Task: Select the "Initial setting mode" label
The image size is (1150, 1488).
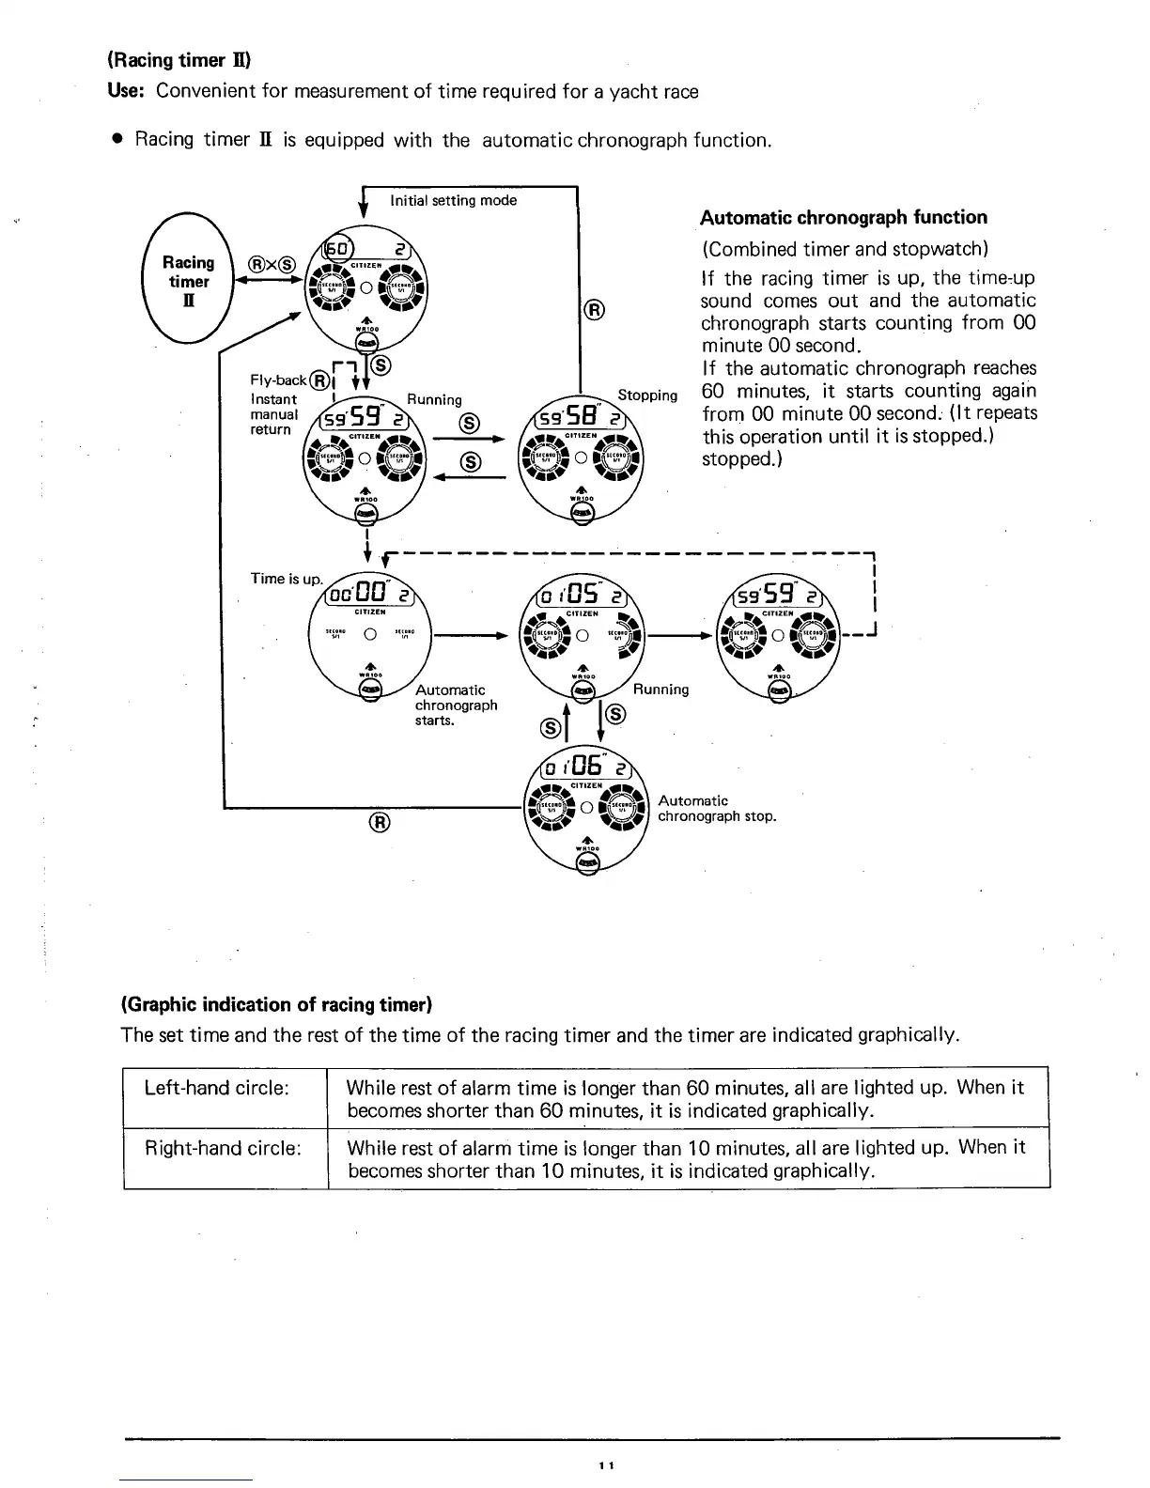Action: click(454, 200)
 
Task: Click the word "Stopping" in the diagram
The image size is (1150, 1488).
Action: click(647, 395)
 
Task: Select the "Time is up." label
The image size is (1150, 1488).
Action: click(287, 579)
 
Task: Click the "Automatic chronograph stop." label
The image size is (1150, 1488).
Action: click(717, 808)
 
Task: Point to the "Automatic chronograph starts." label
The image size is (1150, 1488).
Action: click(456, 705)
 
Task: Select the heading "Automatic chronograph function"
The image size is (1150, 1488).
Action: click(844, 218)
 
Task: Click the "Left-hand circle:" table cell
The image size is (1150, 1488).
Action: click(216, 1088)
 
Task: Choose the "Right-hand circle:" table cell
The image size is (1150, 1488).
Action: click(222, 1148)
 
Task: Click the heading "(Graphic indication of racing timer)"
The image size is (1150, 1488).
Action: click(276, 1005)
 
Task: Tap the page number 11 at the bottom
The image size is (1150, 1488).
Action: click(605, 1465)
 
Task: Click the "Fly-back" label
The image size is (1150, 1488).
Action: click(278, 380)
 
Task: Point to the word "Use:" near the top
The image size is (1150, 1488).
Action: click(129, 91)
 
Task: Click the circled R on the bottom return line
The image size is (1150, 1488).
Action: click(379, 824)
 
